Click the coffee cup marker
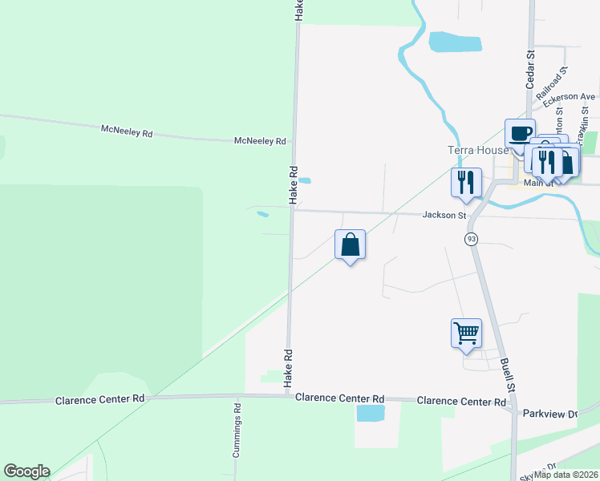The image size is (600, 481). pos(520,133)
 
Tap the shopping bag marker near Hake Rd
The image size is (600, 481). pos(350,245)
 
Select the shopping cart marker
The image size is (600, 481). pos(466,332)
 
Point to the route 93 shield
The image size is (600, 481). pos(471,239)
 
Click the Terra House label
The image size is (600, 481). pos(477,150)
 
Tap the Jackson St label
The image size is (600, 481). pos(444,215)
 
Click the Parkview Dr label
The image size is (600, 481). pos(549,414)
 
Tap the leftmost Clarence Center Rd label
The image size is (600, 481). pos(99,398)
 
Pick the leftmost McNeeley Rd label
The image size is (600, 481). pos(127,129)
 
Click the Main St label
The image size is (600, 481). pos(538,183)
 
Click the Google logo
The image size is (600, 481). pos(26,471)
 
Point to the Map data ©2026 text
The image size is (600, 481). pos(566,475)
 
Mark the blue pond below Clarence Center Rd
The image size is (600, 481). pos(370,413)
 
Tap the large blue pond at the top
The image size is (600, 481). pos(455,42)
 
